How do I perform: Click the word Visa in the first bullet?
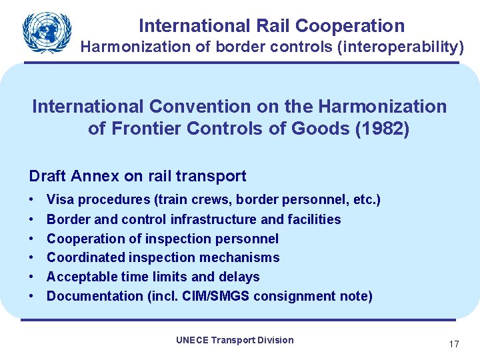point(61,199)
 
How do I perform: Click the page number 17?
point(454,345)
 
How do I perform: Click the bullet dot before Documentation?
point(32,296)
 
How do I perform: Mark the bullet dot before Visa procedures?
point(32,199)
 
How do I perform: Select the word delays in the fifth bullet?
point(239,277)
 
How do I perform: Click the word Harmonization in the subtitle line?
point(131,47)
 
